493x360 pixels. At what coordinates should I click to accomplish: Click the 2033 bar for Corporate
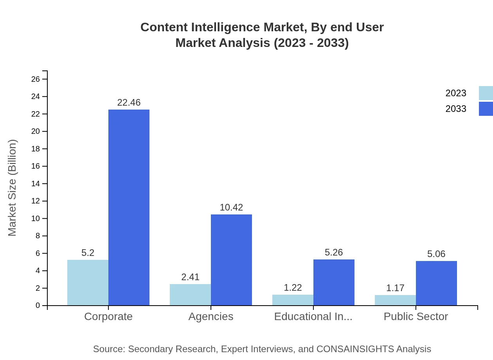(x=129, y=207)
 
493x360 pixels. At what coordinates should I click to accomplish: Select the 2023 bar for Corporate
(x=88, y=283)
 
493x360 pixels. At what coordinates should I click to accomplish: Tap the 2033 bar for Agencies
(x=231, y=260)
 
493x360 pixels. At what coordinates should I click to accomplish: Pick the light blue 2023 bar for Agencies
(x=190, y=295)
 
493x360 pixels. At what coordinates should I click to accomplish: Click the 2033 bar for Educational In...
(x=334, y=282)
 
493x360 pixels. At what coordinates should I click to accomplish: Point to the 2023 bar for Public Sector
(x=395, y=300)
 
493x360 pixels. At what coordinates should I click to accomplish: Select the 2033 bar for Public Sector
(x=436, y=283)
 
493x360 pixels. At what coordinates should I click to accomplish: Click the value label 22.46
(x=129, y=103)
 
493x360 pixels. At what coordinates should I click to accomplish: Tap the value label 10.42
(x=231, y=207)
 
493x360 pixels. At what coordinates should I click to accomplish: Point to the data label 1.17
(x=395, y=288)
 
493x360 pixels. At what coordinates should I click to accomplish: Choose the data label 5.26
(x=334, y=252)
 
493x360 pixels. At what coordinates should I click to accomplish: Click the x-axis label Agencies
(x=211, y=316)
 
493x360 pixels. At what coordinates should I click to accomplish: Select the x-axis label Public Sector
(x=416, y=316)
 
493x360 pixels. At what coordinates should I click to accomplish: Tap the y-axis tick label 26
(x=36, y=79)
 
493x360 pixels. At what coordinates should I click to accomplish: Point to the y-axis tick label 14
(x=36, y=184)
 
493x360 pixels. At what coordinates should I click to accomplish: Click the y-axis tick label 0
(x=38, y=306)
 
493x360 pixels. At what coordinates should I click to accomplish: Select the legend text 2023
(x=456, y=93)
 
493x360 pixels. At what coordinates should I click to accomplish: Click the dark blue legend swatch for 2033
(x=486, y=109)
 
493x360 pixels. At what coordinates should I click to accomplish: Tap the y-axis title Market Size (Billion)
(x=13, y=188)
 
